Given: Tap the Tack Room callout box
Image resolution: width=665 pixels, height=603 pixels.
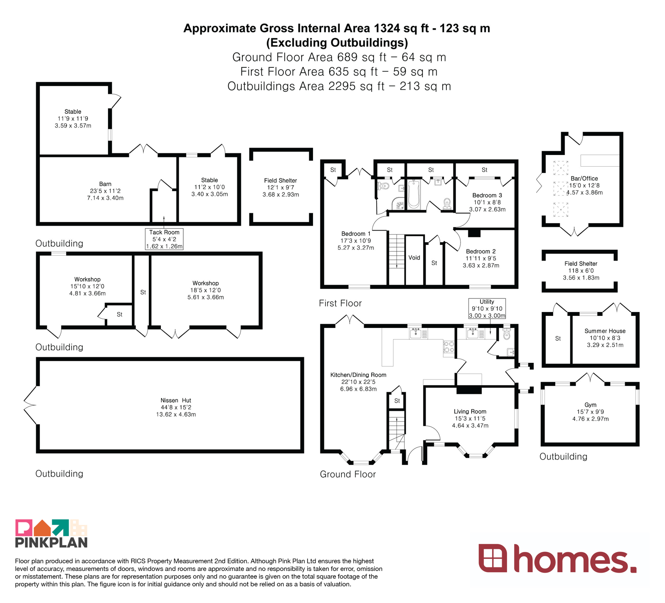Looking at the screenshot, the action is point(164,239).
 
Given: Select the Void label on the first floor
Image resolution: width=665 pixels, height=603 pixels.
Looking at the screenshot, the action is point(414,258).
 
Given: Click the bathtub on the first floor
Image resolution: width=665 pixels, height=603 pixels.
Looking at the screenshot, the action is point(414,194).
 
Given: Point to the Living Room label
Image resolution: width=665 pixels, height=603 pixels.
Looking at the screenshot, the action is point(470,411).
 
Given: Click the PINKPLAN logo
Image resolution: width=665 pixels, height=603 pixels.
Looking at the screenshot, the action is point(52,533).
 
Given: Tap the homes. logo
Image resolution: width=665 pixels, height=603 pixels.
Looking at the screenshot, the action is point(558,558).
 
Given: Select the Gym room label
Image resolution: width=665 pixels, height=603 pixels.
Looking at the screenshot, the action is point(591,405).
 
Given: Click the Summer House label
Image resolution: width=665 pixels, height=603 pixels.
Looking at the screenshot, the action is point(605,331).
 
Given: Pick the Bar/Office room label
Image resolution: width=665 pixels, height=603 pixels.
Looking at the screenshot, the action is point(584,178).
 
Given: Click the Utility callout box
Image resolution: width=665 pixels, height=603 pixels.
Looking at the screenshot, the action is point(487,308).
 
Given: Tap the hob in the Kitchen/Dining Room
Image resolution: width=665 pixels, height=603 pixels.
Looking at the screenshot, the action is point(449,347).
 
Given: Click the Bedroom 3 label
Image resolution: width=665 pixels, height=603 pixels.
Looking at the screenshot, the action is point(487,195).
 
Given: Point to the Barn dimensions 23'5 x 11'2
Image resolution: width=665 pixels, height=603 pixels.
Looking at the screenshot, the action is point(105,191).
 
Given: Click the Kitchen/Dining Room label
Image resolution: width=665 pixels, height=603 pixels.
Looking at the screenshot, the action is point(358,375).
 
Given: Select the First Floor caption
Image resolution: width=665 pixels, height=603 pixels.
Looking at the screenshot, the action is point(340,303).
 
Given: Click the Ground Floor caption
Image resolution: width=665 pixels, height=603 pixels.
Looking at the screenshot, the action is point(348,474).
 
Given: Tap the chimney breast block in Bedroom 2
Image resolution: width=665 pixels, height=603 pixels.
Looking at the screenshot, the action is point(474,233).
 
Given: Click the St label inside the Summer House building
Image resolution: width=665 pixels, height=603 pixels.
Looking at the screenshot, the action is point(558,339).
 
